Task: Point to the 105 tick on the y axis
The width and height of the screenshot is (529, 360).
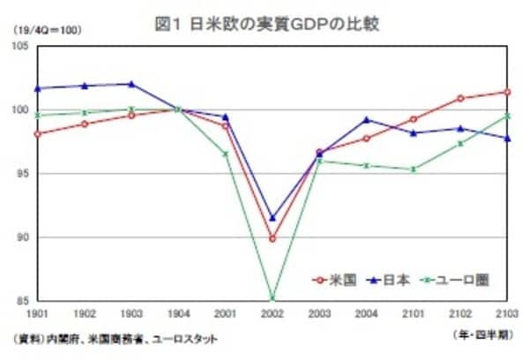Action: click(19, 46)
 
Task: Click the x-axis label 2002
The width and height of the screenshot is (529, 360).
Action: click(272, 313)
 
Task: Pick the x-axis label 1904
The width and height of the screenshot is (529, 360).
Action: click(177, 313)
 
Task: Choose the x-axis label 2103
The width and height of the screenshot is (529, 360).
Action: click(505, 313)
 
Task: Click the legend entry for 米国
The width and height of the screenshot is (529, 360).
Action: click(334, 281)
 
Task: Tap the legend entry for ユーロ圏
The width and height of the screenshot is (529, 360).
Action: click(453, 281)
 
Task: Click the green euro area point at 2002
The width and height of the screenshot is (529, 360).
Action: click(272, 298)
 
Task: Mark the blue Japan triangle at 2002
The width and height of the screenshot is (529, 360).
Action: click(272, 217)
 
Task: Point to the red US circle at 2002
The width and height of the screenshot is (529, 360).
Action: click(272, 238)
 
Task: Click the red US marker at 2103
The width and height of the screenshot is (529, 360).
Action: click(505, 92)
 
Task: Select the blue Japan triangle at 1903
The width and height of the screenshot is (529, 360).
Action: click(130, 84)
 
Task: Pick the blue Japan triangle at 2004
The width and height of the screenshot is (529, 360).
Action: click(366, 119)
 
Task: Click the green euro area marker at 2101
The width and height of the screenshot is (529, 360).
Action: click(413, 169)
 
